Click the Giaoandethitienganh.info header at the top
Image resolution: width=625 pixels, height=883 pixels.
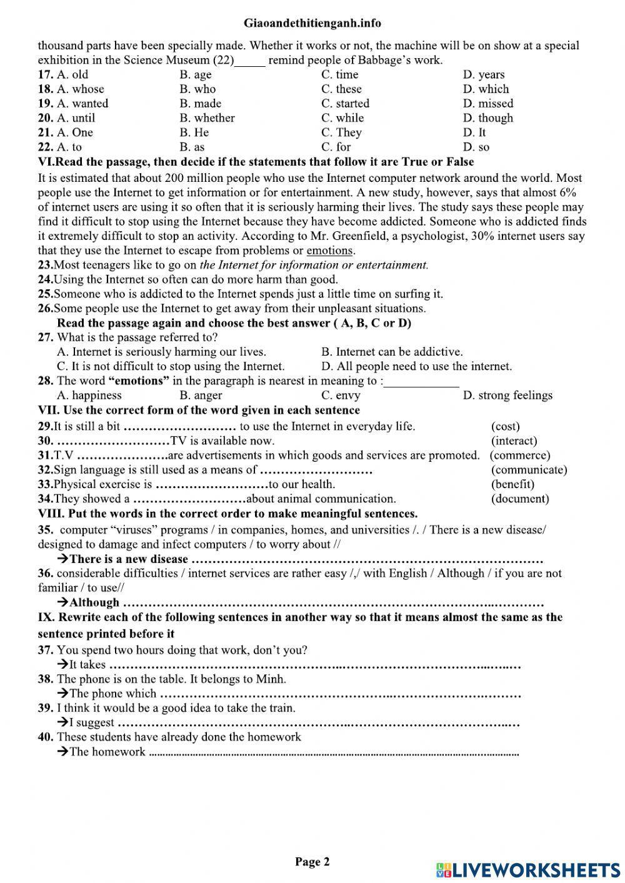pyautogui.click(x=312, y=23)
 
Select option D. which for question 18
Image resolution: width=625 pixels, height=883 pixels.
pyautogui.click(x=486, y=89)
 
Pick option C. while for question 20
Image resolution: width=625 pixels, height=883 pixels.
pyautogui.click(x=342, y=118)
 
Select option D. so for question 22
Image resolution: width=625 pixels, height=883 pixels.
pyautogui.click(x=476, y=147)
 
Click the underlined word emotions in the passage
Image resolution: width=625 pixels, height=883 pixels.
pyautogui.click(x=329, y=251)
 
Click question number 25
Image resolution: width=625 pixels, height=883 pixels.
pyautogui.click(x=44, y=294)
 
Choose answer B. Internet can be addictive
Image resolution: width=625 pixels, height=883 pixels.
pyautogui.click(x=392, y=352)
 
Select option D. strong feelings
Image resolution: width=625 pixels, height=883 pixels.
pyautogui.click(x=507, y=396)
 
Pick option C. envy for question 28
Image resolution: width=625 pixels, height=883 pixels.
pyautogui.click(x=341, y=396)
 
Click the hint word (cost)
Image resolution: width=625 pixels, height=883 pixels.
pyautogui.click(x=505, y=426)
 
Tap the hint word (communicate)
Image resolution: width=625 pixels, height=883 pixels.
pyautogui.click(x=529, y=470)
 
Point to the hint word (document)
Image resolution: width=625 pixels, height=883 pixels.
pyautogui.click(x=520, y=499)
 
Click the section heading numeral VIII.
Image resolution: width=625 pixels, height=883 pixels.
pyautogui.click(x=50, y=514)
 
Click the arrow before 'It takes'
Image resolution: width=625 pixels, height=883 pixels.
pyautogui.click(x=62, y=664)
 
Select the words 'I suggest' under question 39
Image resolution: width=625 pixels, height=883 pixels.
pyautogui.click(x=91, y=722)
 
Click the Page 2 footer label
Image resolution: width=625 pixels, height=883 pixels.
pyautogui.click(x=312, y=862)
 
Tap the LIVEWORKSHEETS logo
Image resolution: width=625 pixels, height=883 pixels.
pyautogui.click(x=528, y=869)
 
